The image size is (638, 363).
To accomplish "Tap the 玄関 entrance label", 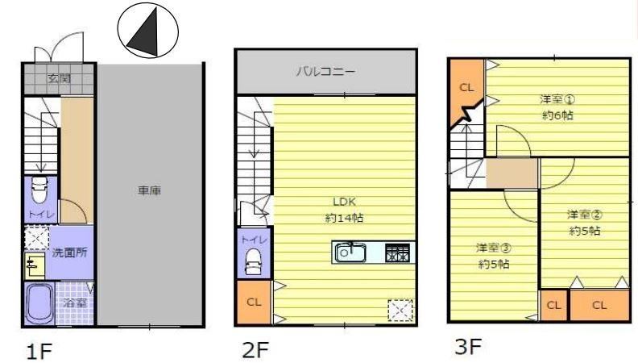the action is [60, 77].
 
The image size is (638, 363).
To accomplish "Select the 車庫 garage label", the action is [149, 190].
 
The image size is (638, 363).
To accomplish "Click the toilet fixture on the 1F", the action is [40, 190].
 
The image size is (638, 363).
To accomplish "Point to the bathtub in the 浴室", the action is [39, 303].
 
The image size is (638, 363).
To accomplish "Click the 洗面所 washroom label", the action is [69, 252].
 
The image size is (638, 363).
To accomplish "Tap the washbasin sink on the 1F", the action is [34, 265].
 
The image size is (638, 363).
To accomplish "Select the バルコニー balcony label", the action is [325, 72].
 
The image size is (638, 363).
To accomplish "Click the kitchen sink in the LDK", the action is [350, 252].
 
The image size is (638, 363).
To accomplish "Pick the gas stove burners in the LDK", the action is [397, 252].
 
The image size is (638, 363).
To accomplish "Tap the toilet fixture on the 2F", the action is [253, 261].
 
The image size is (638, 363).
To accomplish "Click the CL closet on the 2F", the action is [254, 302].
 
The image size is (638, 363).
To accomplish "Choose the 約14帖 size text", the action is [344, 218].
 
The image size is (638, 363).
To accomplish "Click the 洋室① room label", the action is [557, 99].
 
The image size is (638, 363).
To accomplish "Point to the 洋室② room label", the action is [585, 215].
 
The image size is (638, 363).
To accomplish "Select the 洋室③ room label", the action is [494, 248].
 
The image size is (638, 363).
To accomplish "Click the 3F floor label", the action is [468, 346].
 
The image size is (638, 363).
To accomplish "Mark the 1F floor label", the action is [39, 351].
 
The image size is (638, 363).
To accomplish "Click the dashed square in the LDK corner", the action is [400, 311].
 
